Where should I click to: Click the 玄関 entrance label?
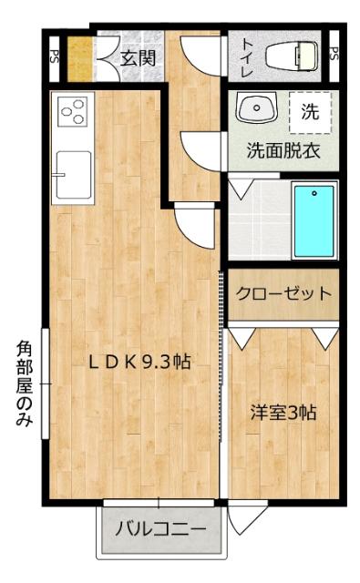(138, 61)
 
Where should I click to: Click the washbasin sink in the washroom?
(257, 109)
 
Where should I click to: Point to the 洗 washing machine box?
(311, 113)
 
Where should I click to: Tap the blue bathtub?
(314, 220)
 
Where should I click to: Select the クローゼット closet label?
(283, 294)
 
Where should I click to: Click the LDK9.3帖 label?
(139, 361)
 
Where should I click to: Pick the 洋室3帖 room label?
(283, 413)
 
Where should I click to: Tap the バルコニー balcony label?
(160, 528)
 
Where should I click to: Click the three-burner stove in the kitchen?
(72, 112)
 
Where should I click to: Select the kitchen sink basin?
(72, 173)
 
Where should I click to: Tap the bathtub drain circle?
(314, 193)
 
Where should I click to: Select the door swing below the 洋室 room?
(241, 518)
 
